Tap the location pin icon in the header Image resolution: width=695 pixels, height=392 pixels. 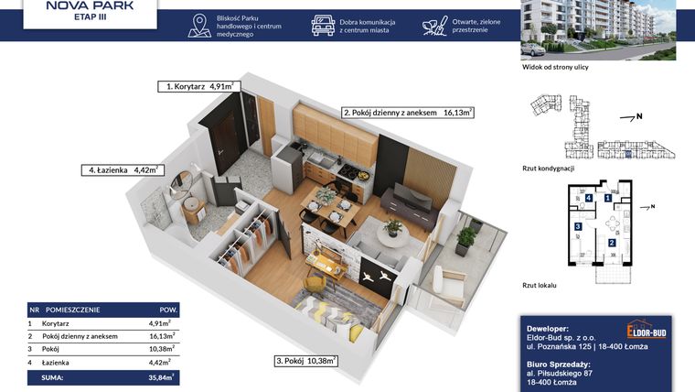(x=198, y=26)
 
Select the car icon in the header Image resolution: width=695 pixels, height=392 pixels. (x=323, y=26)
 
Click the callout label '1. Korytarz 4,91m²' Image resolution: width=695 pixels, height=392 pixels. (x=198, y=86)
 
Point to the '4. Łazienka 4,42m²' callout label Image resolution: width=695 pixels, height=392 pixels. (x=122, y=169)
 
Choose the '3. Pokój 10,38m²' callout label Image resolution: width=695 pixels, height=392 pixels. (x=306, y=361)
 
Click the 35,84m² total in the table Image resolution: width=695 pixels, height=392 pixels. (x=161, y=376)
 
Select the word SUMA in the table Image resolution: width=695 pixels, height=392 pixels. (x=53, y=376)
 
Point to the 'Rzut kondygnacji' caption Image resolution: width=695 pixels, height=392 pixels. (x=548, y=169)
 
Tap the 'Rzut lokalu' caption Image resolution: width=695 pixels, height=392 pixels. (x=540, y=286)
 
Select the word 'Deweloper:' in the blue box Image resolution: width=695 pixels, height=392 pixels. (x=549, y=327)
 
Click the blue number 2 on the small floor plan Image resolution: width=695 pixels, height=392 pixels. (x=611, y=242)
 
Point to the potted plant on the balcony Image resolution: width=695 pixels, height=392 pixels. (x=465, y=241)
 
